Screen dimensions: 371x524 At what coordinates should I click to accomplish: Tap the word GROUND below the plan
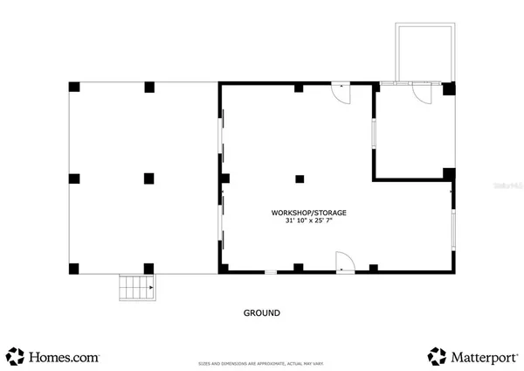click(x=261, y=312)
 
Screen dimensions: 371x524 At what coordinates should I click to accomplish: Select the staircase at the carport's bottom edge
click(x=137, y=287)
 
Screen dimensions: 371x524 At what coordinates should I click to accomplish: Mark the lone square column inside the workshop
click(x=299, y=178)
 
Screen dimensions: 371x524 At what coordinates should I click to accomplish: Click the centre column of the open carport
click(x=149, y=178)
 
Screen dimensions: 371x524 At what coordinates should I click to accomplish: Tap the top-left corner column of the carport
click(x=74, y=87)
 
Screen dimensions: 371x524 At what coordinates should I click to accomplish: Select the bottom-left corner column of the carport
click(x=74, y=268)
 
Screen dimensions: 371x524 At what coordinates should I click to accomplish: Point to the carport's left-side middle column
click(x=74, y=178)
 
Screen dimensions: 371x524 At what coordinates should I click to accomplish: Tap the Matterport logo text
click(x=482, y=356)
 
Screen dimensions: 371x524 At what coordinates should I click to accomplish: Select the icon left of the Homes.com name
click(x=16, y=355)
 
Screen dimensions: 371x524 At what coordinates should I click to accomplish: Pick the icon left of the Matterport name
click(x=437, y=355)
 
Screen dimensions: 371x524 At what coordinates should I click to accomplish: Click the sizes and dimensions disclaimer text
click(x=261, y=362)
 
